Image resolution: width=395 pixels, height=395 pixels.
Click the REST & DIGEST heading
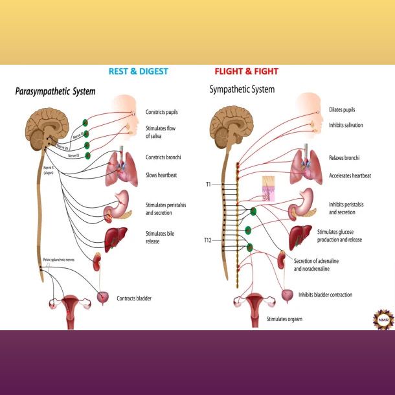tap(139, 71)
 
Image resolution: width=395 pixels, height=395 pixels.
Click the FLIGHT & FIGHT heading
tap(247, 71)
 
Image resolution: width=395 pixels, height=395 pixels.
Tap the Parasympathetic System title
tap(55, 92)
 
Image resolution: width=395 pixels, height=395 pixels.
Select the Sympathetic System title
tap(242, 89)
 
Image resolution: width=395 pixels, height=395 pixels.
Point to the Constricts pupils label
tap(162, 112)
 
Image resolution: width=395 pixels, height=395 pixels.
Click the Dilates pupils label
tap(342, 110)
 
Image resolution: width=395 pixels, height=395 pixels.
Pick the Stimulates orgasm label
tap(284, 319)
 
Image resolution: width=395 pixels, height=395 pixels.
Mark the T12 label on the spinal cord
tap(207, 240)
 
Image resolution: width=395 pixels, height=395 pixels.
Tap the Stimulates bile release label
tap(161, 238)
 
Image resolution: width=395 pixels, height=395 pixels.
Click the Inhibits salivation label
tap(345, 125)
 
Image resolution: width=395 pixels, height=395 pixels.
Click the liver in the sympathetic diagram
tap(299, 234)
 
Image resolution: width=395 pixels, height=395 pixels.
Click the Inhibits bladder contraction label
tap(325, 295)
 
